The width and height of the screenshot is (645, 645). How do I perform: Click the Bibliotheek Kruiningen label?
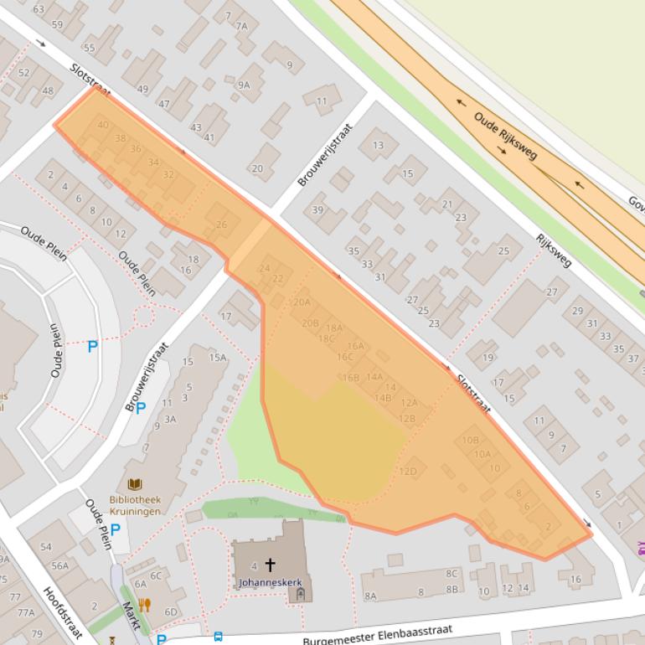134,505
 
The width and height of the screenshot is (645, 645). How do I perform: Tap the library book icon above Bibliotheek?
134,484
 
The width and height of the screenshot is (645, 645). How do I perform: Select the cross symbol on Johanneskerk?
270,565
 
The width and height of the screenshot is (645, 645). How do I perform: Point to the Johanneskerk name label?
270,580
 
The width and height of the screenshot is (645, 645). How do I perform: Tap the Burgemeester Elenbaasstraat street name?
378,632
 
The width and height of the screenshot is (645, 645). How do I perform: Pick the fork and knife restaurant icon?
144,605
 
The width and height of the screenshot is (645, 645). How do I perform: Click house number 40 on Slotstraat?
103,125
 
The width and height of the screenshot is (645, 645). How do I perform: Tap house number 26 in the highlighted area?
221,224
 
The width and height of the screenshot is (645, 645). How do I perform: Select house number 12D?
407,472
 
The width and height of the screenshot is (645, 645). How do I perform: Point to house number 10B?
471,440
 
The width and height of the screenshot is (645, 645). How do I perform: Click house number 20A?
302,302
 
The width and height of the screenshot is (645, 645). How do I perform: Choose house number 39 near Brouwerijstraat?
317,209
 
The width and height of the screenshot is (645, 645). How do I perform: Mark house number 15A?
217,358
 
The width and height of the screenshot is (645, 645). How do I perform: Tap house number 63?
38,9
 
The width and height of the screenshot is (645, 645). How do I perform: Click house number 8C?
451,574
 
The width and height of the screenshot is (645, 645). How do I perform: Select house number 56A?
60,565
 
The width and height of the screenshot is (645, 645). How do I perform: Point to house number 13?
378,145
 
